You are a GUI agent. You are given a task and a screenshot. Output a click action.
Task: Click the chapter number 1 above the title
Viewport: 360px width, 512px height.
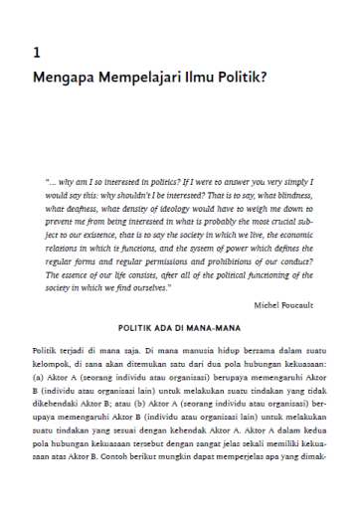(x=37, y=52)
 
